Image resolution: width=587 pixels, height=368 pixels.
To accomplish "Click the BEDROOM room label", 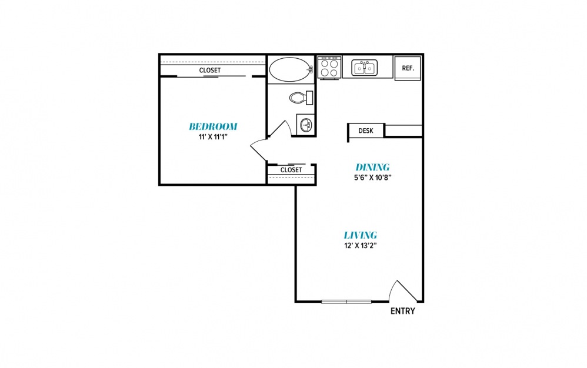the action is point(213,126).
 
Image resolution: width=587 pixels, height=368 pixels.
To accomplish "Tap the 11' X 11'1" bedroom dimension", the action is point(213,137).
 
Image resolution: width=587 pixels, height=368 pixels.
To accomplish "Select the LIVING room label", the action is point(360,235).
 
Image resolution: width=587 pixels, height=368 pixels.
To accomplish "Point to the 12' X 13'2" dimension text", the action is point(360,246).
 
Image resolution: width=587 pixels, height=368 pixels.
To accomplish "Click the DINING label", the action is point(372,167).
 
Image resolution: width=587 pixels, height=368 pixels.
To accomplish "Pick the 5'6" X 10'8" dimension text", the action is point(372,178).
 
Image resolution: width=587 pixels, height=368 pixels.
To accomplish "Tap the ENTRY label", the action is point(403,311).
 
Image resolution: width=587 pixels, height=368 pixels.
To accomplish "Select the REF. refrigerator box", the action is point(408,68).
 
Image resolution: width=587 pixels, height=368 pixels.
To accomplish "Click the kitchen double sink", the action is point(364,68).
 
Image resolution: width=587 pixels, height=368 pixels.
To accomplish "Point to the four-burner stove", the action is point(329,68).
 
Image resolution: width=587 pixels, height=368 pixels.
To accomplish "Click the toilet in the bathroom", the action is point(301,98).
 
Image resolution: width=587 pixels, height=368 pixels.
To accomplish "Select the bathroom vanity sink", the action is point(306,124).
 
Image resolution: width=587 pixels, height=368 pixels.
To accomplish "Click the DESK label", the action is point(366,131).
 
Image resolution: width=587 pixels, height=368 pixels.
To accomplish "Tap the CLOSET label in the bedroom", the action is point(209,71).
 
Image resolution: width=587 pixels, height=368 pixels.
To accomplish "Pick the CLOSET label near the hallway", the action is point(291,170).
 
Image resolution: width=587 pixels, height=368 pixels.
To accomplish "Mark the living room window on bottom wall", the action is point(346,302).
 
